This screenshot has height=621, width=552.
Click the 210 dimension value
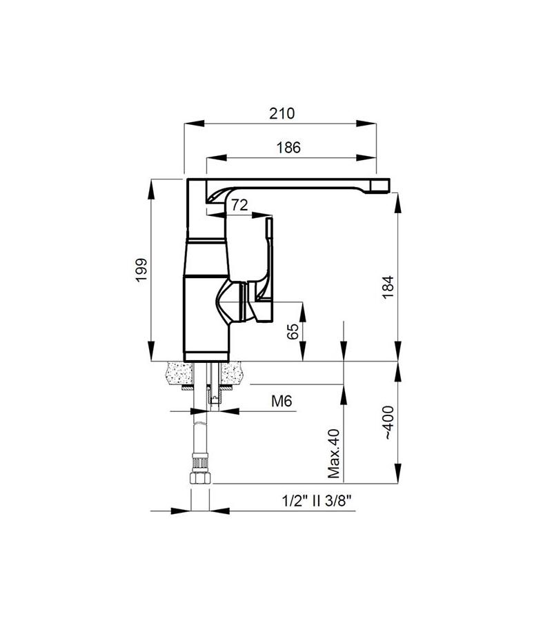tap(282, 114)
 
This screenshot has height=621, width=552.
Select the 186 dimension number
tap(288, 148)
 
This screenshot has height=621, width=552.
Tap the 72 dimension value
tap(239, 205)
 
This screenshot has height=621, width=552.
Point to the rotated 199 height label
tap(141, 270)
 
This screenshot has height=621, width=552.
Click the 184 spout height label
tap(388, 287)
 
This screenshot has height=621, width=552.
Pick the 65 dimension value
tap(293, 331)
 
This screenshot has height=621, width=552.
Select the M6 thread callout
tap(282, 401)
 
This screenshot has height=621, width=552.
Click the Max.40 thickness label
tap(334, 453)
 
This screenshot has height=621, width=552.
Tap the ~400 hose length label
tap(388, 422)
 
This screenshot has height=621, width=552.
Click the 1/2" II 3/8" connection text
tap(317, 502)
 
